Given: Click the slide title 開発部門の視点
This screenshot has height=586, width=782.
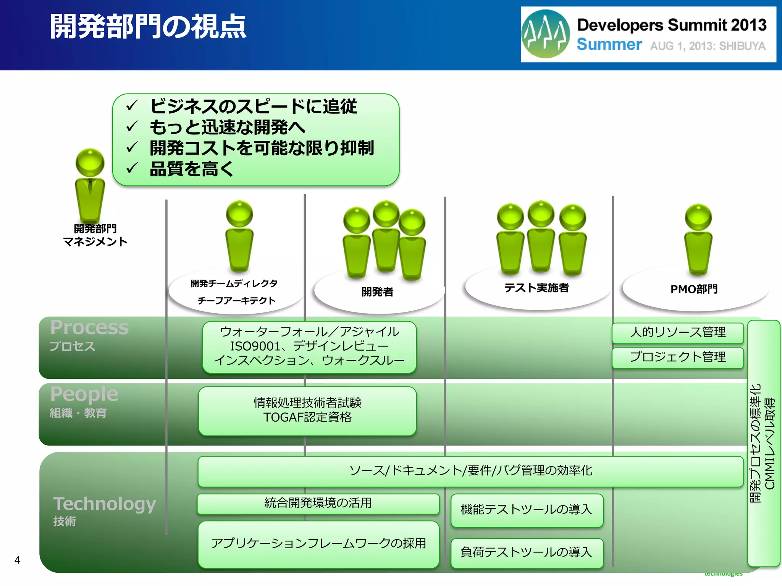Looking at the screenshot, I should tap(148, 27).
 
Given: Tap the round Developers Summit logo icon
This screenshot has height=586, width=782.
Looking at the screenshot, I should tap(545, 34).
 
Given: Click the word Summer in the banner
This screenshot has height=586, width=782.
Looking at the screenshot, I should tap(609, 45).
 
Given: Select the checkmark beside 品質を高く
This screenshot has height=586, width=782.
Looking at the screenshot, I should tap(131, 168).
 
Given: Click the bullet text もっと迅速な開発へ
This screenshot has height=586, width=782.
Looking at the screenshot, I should tap(228, 127).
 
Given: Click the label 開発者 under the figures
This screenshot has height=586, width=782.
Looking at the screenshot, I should tap(377, 292).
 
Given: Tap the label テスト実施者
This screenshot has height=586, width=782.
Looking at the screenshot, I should tap(536, 288).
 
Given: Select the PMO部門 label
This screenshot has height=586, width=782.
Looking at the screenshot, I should tap(694, 289).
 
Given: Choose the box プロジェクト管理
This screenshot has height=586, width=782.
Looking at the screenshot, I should tap(677, 357).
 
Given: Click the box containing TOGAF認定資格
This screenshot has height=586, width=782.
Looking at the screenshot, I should tap(307, 411).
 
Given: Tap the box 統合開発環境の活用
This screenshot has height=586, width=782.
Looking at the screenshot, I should tap(318, 503).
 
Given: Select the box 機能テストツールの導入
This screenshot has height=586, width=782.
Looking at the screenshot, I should tap(527, 510).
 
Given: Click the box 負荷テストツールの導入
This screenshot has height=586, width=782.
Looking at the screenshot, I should tap(527, 552).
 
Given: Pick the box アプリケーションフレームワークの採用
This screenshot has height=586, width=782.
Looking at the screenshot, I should tap(318, 544).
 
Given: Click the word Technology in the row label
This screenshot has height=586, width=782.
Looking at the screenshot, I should tap(105, 504).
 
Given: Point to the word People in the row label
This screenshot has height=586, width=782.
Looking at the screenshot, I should tap(84, 394).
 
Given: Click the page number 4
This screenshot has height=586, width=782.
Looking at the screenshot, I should tap(17, 560).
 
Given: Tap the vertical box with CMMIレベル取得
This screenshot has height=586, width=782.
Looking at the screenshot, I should tap(763, 443).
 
